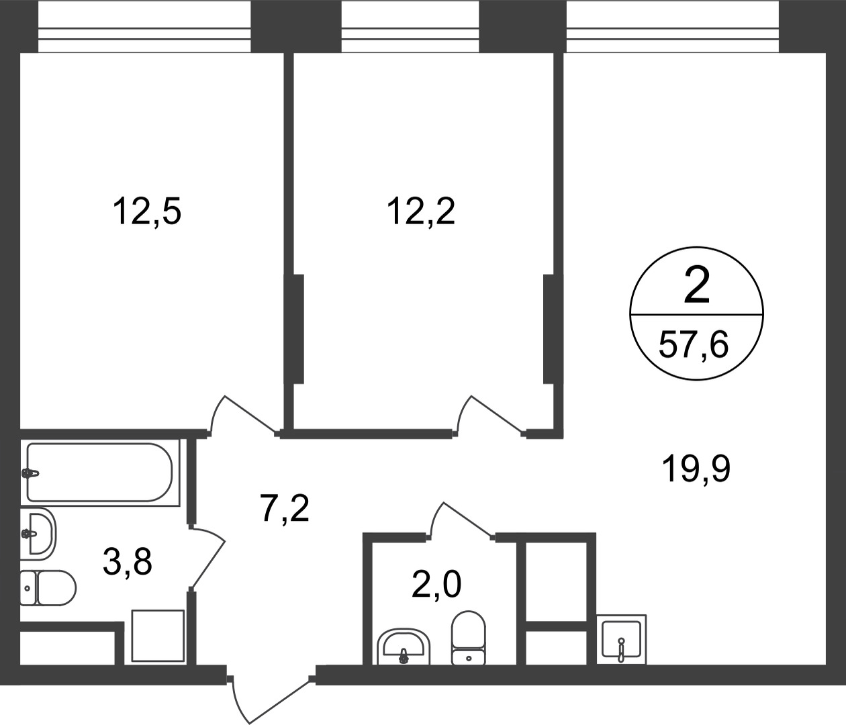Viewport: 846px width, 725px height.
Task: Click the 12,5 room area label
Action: click(x=146, y=211)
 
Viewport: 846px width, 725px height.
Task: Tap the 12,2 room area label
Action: click(x=421, y=211)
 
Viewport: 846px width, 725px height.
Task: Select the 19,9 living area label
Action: click(x=696, y=469)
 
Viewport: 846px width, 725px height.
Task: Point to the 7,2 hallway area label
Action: click(x=285, y=507)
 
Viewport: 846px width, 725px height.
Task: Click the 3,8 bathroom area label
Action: click(x=128, y=561)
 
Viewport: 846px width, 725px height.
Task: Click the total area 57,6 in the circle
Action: click(x=694, y=344)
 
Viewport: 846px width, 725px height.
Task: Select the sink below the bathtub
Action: click(x=38, y=534)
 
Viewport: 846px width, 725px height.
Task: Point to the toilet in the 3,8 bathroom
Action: click(x=48, y=588)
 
